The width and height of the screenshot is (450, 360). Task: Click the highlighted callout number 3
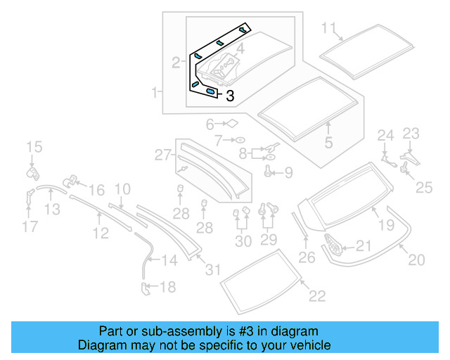pyautogui.click(x=229, y=96)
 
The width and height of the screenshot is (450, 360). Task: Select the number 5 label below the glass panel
pyautogui.click(x=328, y=143)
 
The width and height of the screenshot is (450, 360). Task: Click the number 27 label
pyautogui.click(x=163, y=155)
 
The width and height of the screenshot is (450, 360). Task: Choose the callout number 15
pyautogui.click(x=34, y=147)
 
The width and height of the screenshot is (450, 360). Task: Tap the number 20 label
pyautogui.click(x=416, y=260)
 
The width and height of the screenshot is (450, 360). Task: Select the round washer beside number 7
pyautogui.click(x=238, y=140)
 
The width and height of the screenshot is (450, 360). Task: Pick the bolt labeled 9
pyautogui.click(x=268, y=170)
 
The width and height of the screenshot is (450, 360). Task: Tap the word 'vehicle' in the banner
pyautogui.click(x=307, y=345)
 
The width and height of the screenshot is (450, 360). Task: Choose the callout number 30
pyautogui.click(x=243, y=241)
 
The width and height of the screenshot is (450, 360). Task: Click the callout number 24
pyautogui.click(x=386, y=135)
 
